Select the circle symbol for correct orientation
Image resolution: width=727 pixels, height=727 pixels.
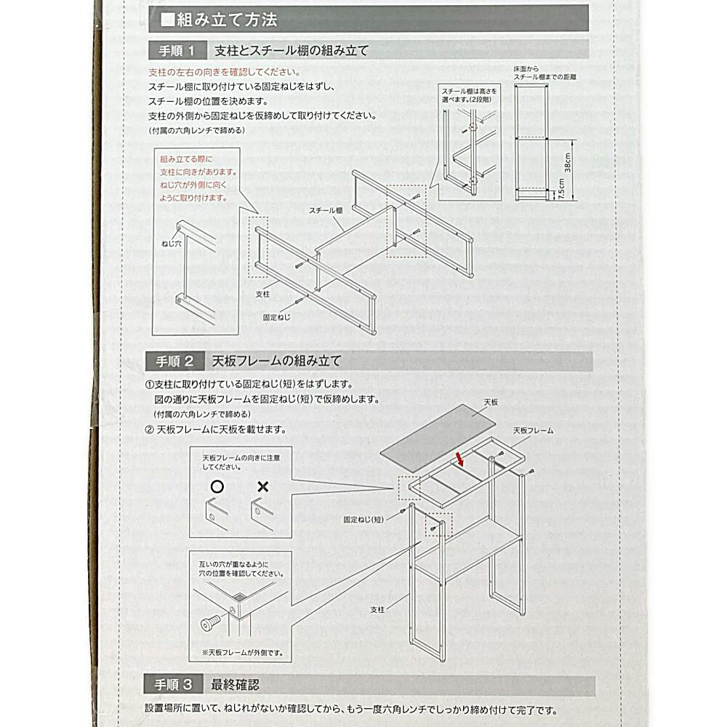tap(217, 486)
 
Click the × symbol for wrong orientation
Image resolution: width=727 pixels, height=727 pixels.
tap(262, 486)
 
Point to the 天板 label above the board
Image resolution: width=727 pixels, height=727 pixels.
tap(490, 401)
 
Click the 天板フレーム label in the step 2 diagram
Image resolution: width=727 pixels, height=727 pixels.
tap(533, 430)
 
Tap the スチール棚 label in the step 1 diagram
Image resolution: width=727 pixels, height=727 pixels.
tap(325, 210)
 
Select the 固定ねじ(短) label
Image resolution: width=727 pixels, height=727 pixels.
tap(363, 520)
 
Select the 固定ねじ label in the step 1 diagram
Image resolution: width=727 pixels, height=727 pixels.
tap(277, 317)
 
